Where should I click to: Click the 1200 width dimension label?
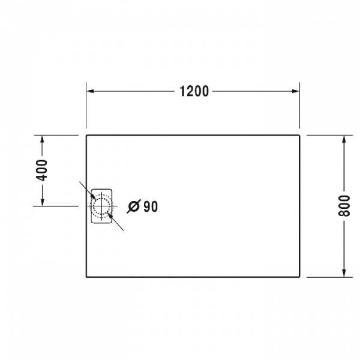[x=194, y=91]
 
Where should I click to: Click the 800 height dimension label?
[x=344, y=206]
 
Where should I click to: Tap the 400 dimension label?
[x=41, y=171]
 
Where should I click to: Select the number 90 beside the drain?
[x=150, y=206]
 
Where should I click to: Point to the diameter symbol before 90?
[x=134, y=206]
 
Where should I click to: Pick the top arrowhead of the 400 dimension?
[x=41, y=140]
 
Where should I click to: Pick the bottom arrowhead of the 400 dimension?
[x=41, y=202]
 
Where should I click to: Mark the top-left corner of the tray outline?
[x=88, y=136]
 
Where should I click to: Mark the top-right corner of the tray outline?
[x=299, y=136]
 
